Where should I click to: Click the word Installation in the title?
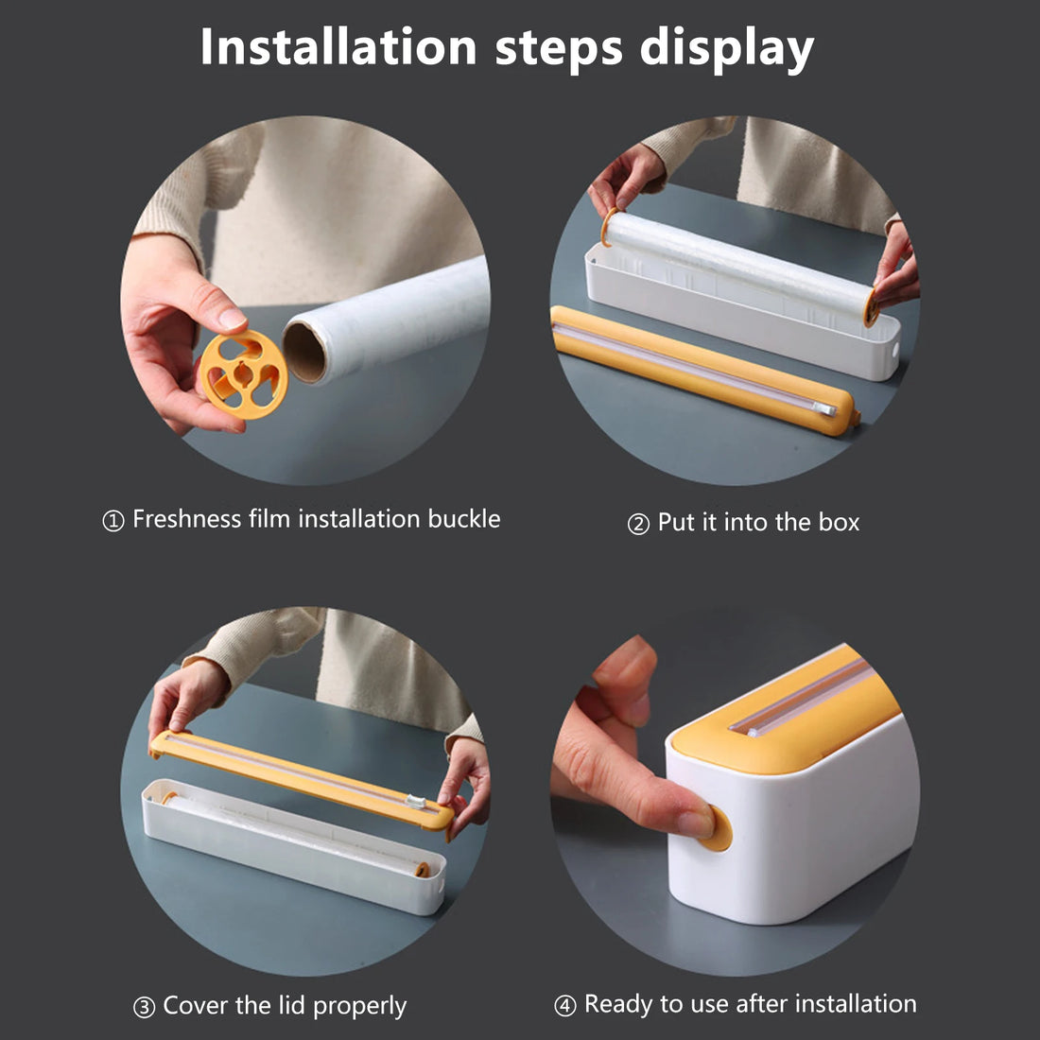pyautogui.click(x=338, y=47)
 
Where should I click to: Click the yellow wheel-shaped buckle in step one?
pyautogui.click(x=243, y=374)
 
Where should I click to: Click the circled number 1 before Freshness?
pyautogui.click(x=113, y=521)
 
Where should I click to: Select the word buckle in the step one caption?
pyautogui.click(x=463, y=519)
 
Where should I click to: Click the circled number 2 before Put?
pyautogui.click(x=638, y=524)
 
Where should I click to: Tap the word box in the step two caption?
pyautogui.click(x=838, y=523)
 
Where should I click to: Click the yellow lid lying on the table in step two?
pyautogui.click(x=700, y=370)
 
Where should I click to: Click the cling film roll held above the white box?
pyautogui.click(x=737, y=265)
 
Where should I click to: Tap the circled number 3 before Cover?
pyautogui.click(x=143, y=1008)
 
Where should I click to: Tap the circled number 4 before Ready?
pyautogui.click(x=564, y=1006)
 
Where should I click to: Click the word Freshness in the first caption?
pyautogui.click(x=186, y=519)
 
